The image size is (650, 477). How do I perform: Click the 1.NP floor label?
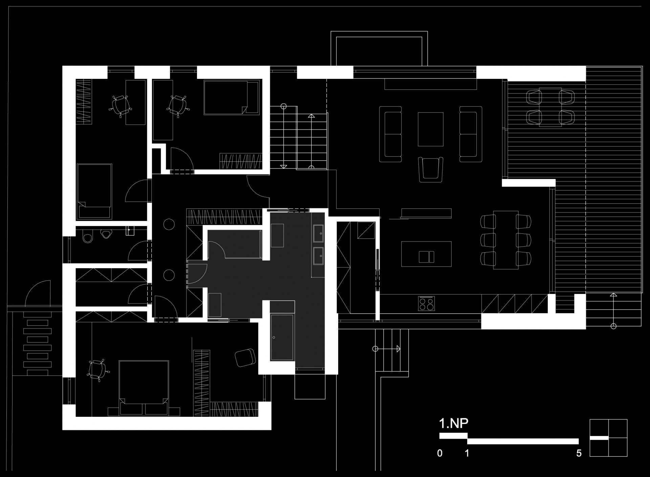pos(453,424)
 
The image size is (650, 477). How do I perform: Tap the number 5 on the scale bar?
pos(579,453)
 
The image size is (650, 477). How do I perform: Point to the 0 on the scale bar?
pos(439,453)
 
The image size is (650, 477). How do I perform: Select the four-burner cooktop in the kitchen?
pos(427,303)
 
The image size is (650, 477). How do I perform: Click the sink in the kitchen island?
pos(427,257)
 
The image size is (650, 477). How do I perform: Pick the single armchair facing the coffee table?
pos(431,169)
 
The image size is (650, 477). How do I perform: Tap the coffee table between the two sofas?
pos(431,129)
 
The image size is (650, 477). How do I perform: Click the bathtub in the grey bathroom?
pos(282,337)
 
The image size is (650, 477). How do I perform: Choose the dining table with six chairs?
pos(506,240)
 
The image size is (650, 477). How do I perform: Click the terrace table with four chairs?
pos(550,107)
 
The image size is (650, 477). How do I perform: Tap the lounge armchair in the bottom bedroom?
pos(245,357)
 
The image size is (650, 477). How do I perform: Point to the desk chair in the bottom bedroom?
pos(97,370)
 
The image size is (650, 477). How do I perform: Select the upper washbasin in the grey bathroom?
pos(318,233)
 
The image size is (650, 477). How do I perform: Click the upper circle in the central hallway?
pos(169,224)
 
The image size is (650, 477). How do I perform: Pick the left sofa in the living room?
pos(391,134)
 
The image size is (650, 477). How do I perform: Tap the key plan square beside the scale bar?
pos(608,438)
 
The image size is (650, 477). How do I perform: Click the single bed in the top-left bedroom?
pos(94,191)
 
